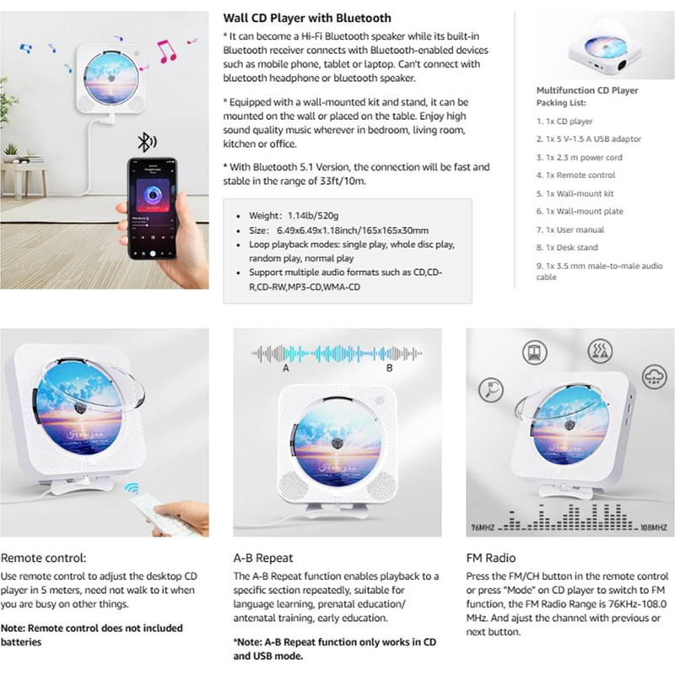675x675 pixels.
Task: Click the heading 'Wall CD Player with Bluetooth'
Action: (x=306, y=18)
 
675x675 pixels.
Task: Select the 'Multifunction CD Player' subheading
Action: (x=587, y=90)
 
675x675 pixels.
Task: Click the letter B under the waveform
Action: (x=389, y=369)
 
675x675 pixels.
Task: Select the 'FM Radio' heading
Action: (x=490, y=558)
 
